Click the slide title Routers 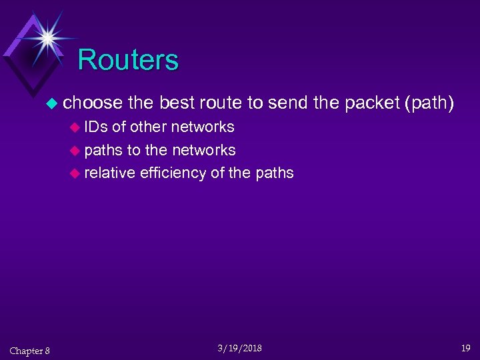[128, 60]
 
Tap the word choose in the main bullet [93, 103]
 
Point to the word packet [371, 103]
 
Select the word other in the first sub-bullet [149, 127]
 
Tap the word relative [110, 173]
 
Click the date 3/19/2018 [239, 348]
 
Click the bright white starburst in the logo [47, 37]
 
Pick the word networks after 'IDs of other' [203, 127]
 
